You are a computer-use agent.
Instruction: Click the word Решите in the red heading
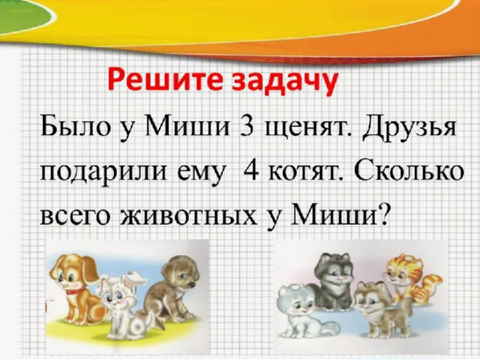166,81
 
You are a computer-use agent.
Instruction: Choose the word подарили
103,172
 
